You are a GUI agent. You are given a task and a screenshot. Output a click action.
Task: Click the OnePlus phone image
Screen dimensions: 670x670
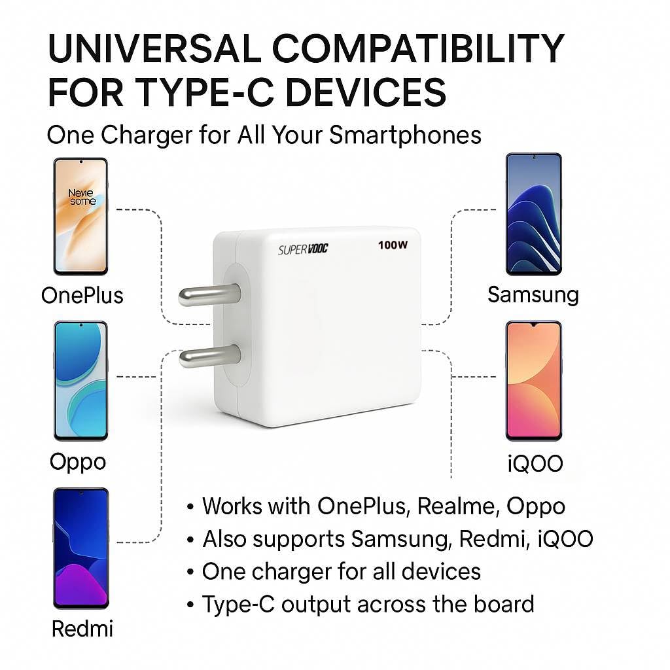(x=80, y=217)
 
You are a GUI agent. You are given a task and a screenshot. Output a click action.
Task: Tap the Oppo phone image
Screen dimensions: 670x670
(x=80, y=381)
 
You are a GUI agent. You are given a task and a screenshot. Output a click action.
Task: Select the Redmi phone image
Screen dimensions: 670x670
(x=80, y=548)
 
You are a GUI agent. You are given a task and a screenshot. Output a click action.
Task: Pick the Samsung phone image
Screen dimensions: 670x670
(x=534, y=214)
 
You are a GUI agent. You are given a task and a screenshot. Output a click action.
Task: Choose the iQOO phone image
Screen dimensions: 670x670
(x=534, y=381)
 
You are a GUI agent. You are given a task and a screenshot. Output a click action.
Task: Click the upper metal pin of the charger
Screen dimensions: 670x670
(x=209, y=295)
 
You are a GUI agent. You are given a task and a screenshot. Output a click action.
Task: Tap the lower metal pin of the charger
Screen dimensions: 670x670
(x=210, y=357)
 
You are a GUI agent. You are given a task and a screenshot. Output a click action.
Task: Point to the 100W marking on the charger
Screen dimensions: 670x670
(x=393, y=245)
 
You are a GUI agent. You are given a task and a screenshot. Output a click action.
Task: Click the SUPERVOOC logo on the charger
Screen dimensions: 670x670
(x=303, y=249)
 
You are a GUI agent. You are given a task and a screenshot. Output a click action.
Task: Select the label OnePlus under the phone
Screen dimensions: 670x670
(x=82, y=295)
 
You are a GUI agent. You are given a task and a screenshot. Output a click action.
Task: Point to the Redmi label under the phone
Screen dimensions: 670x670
(x=82, y=629)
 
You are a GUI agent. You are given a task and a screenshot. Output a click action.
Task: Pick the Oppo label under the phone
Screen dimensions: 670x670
(x=78, y=463)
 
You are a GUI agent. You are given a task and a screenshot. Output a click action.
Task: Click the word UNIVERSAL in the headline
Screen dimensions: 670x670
(x=154, y=48)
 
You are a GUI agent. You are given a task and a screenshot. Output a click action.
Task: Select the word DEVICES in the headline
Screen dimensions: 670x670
(x=365, y=92)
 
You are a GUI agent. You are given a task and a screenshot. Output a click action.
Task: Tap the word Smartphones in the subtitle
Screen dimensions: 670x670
(x=405, y=135)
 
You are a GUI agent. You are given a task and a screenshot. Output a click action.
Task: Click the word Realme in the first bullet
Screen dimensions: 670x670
(x=458, y=506)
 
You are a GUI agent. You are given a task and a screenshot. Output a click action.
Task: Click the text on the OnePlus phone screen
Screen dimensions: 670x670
(x=82, y=197)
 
